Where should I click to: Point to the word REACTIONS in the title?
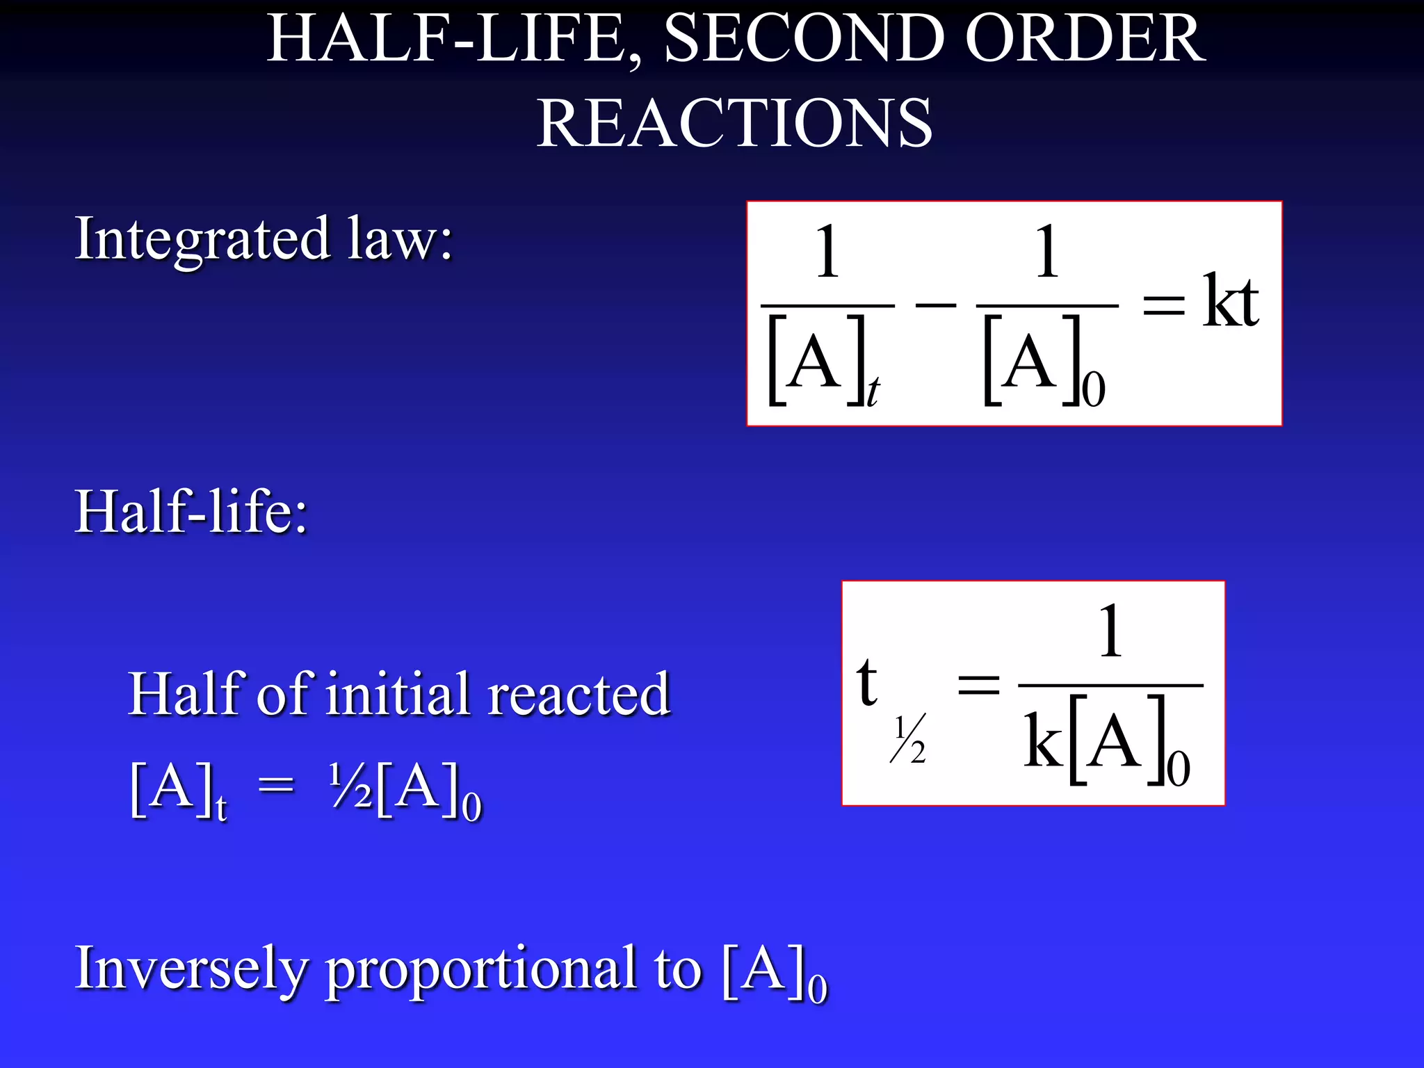tap(734, 124)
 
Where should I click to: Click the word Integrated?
tap(202, 240)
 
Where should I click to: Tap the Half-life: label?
tap(191, 512)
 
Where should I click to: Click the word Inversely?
tap(191, 969)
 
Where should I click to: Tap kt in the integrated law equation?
tap(1231, 301)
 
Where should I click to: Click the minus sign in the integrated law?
tap(936, 304)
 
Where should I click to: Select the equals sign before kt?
tap(1164, 305)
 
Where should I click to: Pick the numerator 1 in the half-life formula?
tap(1110, 631)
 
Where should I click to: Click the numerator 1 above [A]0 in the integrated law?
tap(1046, 252)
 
